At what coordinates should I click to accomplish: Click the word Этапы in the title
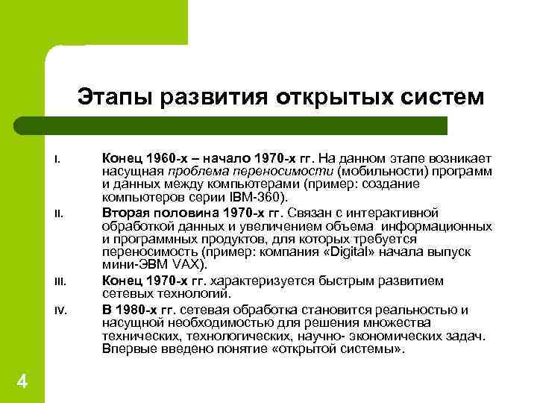112,99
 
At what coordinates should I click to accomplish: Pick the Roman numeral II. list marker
57,215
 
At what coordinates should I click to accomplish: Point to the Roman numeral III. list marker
58,281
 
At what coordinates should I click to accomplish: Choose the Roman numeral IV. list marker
58,308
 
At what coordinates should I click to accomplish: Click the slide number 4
22,382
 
